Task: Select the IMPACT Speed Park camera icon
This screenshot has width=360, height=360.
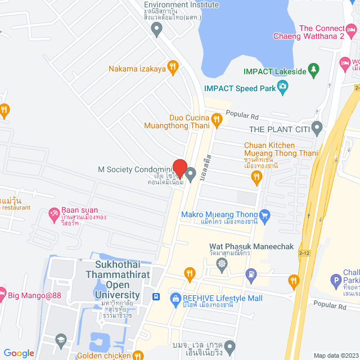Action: (x=282, y=88)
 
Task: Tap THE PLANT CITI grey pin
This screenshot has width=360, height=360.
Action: (x=317, y=129)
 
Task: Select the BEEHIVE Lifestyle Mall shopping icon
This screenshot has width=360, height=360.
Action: (x=174, y=298)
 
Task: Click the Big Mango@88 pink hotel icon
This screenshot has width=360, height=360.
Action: (x=2, y=293)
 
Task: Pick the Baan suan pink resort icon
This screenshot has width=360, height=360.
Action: (x=54, y=213)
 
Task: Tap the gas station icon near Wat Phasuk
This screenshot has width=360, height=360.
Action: (x=251, y=274)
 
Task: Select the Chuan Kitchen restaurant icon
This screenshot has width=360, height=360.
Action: (x=257, y=178)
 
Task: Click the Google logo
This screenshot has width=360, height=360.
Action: (x=19, y=353)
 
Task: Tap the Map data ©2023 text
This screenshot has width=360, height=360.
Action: (x=335, y=355)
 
